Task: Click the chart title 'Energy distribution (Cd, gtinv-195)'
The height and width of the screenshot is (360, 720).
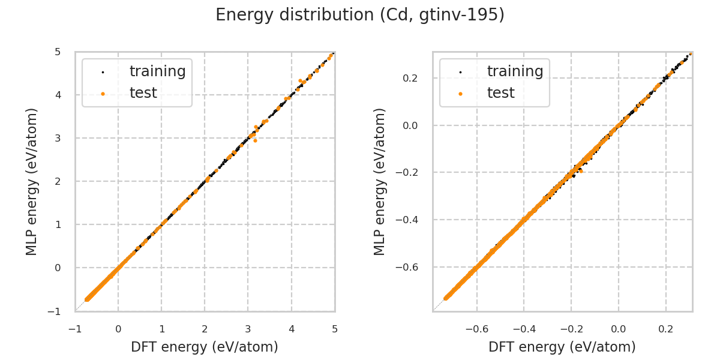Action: pyautogui.click(x=360, y=15)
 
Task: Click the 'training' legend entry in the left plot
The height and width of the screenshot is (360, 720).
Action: pyautogui.click(x=157, y=71)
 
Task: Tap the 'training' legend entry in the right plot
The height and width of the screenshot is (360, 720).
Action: pyautogui.click(x=515, y=71)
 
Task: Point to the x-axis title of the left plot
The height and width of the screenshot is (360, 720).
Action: pyautogui.click(x=205, y=347)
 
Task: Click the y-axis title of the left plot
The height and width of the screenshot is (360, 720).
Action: pyautogui.click(x=32, y=181)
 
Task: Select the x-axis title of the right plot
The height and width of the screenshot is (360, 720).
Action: pyautogui.click(x=562, y=347)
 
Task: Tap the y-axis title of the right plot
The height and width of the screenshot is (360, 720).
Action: pyautogui.click(x=380, y=181)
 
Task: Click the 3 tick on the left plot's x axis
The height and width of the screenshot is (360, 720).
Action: pyautogui.click(x=248, y=329)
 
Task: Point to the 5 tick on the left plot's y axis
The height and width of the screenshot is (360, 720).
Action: pyautogui.click(x=58, y=52)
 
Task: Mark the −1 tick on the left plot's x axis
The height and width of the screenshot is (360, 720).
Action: pyautogui.click(x=75, y=329)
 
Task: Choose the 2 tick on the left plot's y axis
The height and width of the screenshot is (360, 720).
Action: pyautogui.click(x=58, y=181)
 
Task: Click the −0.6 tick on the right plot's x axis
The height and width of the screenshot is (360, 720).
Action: pyautogui.click(x=476, y=329)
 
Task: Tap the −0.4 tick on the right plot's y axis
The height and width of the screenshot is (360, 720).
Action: pyautogui.click(x=407, y=220)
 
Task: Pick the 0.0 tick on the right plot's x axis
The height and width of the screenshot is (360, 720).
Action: pyautogui.click(x=619, y=329)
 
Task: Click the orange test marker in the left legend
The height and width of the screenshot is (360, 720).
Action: pyautogui.click(x=103, y=94)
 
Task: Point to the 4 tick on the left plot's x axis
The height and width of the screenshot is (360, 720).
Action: pyautogui.click(x=291, y=329)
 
